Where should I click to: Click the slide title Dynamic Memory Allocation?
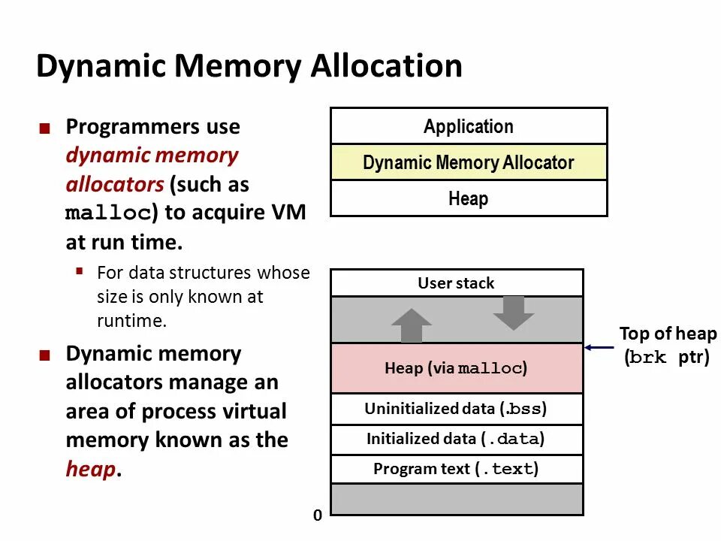(x=249, y=66)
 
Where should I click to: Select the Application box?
(x=469, y=126)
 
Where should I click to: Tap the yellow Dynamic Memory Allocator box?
(x=469, y=162)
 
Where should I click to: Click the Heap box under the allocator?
(x=469, y=198)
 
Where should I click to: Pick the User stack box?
(x=457, y=283)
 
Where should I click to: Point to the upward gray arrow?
(x=412, y=325)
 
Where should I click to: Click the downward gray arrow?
(x=514, y=313)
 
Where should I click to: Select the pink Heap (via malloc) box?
(x=457, y=368)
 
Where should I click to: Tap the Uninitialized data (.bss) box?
(x=457, y=409)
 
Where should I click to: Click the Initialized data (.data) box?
(x=457, y=440)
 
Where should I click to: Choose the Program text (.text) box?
(x=457, y=469)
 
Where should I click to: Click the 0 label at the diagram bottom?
(x=317, y=515)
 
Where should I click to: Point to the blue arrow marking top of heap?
(x=599, y=347)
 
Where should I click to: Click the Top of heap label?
(x=668, y=334)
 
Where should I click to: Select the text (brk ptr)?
(x=667, y=357)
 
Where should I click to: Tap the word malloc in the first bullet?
(x=108, y=213)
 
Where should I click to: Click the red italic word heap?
(x=91, y=469)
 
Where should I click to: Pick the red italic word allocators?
(x=115, y=185)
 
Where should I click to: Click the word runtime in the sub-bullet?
(x=131, y=320)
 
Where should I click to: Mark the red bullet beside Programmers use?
(x=44, y=128)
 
